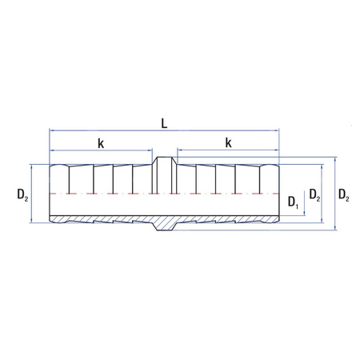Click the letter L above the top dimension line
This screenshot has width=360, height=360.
pos(164,123)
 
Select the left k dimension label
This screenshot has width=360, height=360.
pos(101,144)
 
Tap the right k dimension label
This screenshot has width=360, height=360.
pos(228,143)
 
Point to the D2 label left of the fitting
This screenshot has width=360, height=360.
pos(22,194)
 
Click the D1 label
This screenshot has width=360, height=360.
pos(293,202)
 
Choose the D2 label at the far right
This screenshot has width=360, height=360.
pos(344,194)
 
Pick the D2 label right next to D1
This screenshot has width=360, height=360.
pos(314,194)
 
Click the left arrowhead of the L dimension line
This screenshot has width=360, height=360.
pos(52,130)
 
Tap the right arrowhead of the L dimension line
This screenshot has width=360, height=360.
pos(277,130)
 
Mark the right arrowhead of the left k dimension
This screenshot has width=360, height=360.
pos(150,150)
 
